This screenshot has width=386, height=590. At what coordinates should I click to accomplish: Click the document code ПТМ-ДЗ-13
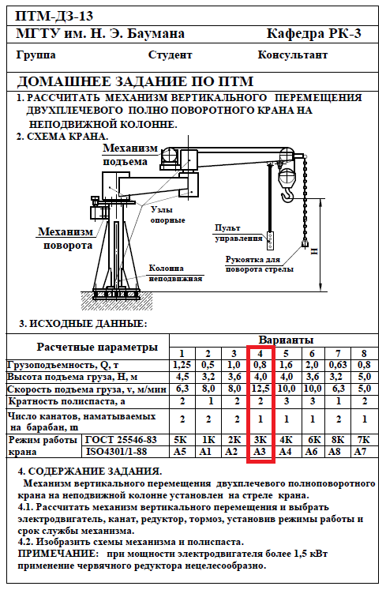pos(54,16)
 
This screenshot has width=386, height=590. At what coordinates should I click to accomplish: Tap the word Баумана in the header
pos(156,34)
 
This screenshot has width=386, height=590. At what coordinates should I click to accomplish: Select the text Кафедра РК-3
pos(313,34)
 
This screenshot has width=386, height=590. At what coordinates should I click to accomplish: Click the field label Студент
pos(170,55)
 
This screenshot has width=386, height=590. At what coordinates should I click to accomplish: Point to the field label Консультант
pos(293,55)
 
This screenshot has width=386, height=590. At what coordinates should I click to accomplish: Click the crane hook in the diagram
pos(287,196)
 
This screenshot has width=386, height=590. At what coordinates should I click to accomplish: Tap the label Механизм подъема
pos(130,155)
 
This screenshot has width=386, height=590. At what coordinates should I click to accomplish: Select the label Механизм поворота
pos(66,239)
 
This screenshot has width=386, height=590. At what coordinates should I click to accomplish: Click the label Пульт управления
pos(238,233)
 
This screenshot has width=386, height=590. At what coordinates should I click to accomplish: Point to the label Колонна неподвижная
pos(175,273)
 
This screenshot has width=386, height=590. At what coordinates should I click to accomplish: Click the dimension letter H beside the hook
pos(314,251)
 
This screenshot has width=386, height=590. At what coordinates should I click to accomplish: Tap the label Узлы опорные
pos(168,215)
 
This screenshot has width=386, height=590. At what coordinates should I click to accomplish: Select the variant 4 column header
pos(260,354)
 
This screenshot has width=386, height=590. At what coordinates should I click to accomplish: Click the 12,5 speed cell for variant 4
pos(260,389)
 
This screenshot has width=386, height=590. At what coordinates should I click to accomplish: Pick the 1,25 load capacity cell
pos(182,365)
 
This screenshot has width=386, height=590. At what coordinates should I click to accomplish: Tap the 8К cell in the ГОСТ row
pos(338,440)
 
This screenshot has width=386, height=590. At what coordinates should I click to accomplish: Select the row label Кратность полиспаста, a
pos(66,401)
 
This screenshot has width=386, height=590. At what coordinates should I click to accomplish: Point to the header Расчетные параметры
pos(97,347)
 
